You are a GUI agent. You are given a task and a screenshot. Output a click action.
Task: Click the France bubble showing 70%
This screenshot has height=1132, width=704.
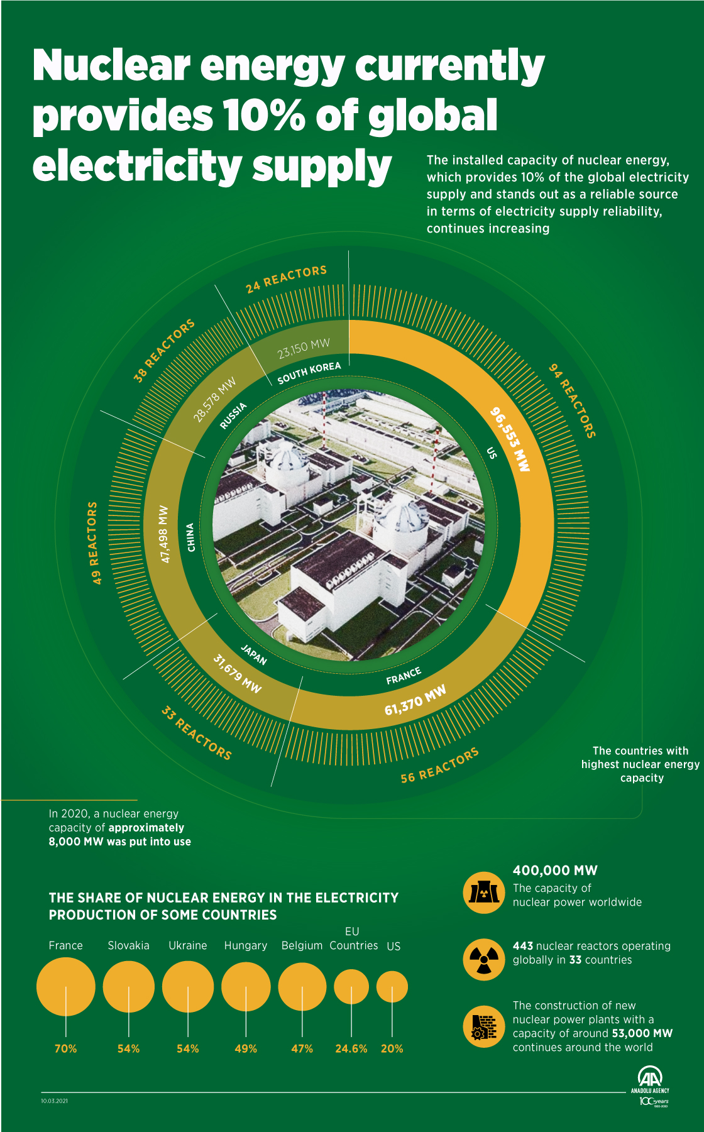tap(65, 986)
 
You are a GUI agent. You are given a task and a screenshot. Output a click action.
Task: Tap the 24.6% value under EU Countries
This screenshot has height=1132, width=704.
tap(351, 1048)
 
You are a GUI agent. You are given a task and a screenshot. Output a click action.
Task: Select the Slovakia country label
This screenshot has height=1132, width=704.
tap(128, 945)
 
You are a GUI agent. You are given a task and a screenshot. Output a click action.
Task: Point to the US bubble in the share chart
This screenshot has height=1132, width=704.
tap(392, 986)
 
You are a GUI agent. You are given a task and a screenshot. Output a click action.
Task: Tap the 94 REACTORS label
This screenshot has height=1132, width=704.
tap(572, 400)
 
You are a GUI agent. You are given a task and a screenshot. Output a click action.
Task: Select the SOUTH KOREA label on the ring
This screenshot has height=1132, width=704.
tap(309, 372)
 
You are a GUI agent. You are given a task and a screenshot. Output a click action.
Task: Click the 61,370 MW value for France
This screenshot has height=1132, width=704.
tap(415, 700)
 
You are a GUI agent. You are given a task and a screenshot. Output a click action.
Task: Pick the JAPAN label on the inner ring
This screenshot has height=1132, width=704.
tap(254, 655)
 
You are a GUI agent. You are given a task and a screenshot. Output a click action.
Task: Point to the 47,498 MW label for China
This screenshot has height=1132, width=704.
tap(164, 534)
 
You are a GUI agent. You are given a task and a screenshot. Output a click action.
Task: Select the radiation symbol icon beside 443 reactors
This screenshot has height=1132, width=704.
tap(483, 959)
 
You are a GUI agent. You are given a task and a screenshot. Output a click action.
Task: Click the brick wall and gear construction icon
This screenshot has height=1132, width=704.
tap(483, 1026)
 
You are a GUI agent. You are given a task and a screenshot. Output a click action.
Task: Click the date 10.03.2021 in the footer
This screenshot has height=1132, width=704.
tap(54, 1101)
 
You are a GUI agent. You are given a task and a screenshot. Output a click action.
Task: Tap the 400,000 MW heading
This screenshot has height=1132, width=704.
tap(555, 871)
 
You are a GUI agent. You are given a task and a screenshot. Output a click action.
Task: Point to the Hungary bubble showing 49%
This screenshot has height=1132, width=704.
tap(246, 986)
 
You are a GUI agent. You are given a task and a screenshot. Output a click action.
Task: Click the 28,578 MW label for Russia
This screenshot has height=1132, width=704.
tap(214, 399)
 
